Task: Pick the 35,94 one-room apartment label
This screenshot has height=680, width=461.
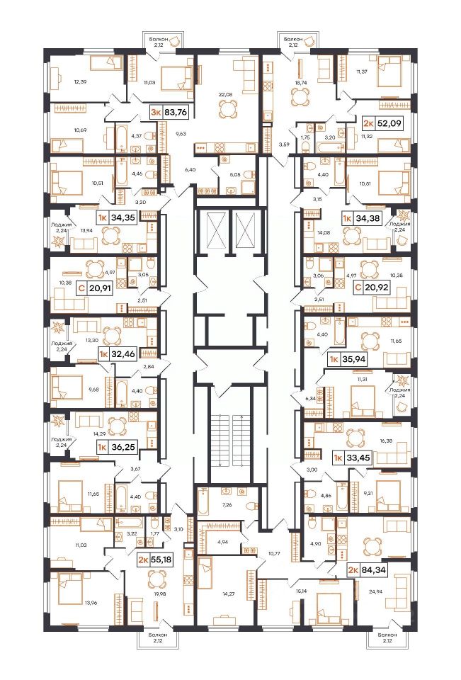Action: coord(351,360)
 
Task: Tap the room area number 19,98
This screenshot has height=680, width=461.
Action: coord(156,594)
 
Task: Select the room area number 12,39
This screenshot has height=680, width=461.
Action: coord(81,81)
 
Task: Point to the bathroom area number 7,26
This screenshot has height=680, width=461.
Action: coord(227,505)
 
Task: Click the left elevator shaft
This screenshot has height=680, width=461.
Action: coord(211,230)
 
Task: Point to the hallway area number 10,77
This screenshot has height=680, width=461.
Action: coord(273,553)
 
